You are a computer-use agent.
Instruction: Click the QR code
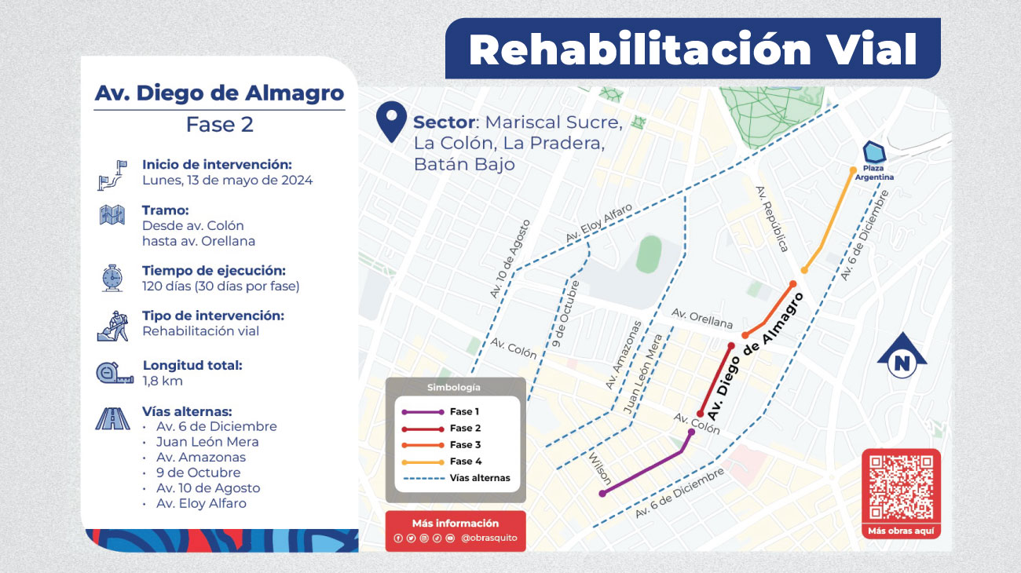click(x=901, y=487)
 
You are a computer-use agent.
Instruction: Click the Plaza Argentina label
click(x=877, y=172)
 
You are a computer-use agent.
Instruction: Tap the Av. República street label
click(x=770, y=219)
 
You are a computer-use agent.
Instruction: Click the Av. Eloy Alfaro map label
click(x=598, y=228)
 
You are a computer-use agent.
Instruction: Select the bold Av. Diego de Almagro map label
click(x=755, y=355)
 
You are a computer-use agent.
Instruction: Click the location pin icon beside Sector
click(x=390, y=123)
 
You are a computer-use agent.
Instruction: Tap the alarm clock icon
click(x=112, y=278)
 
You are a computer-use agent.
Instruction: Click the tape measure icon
click(x=113, y=373)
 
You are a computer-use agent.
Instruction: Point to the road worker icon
click(x=112, y=325)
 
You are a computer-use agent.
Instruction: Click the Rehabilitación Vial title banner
click(x=693, y=49)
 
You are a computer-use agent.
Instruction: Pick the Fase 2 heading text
click(x=219, y=125)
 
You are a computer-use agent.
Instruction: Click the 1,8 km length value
click(x=163, y=381)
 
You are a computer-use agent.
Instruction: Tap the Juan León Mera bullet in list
click(x=207, y=442)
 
